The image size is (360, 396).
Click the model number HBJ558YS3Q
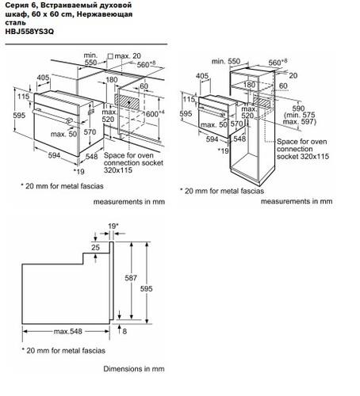point(27,32)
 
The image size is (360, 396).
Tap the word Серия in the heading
point(15,6)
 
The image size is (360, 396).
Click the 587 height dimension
point(134,278)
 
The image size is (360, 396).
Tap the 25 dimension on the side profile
point(95,248)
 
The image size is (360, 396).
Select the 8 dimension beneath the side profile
point(124,330)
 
